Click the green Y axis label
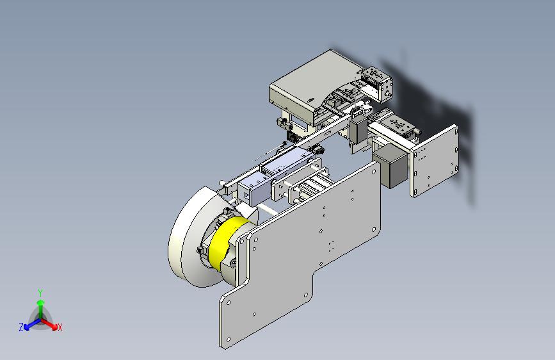(x=40, y=293)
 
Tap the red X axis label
(x=60, y=327)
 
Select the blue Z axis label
(x=21, y=327)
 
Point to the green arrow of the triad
(x=41, y=308)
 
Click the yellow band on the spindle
(x=227, y=241)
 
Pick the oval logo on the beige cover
(x=310, y=101)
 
